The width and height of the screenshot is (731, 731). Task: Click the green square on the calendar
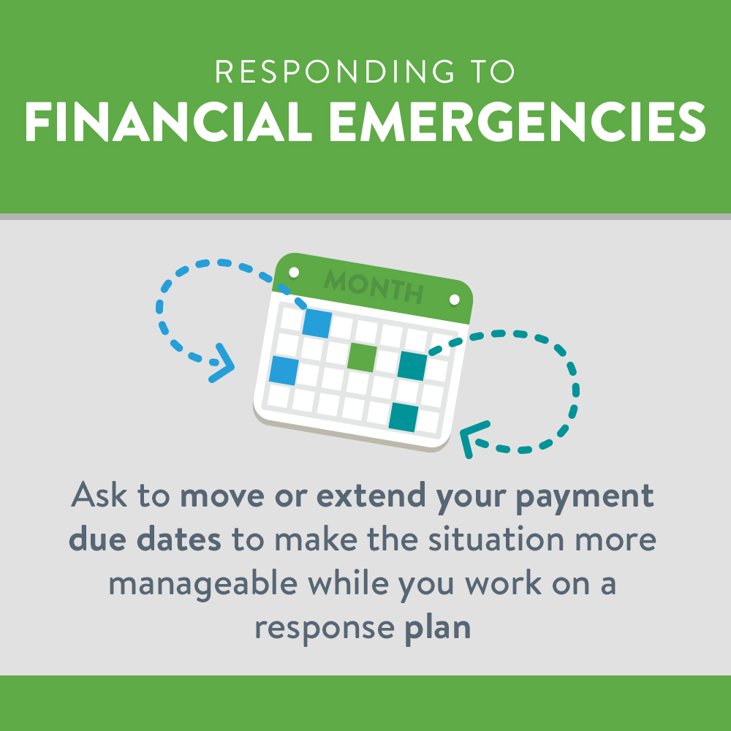point(361,356)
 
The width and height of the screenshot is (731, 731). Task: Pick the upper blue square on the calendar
point(317,322)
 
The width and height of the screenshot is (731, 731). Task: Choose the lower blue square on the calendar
point(284,371)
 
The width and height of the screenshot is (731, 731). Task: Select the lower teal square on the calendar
point(403,417)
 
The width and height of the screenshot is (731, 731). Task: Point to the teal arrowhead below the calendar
point(473,439)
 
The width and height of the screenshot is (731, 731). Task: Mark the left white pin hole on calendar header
point(294,273)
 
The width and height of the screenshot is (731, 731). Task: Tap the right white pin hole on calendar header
point(454,300)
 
